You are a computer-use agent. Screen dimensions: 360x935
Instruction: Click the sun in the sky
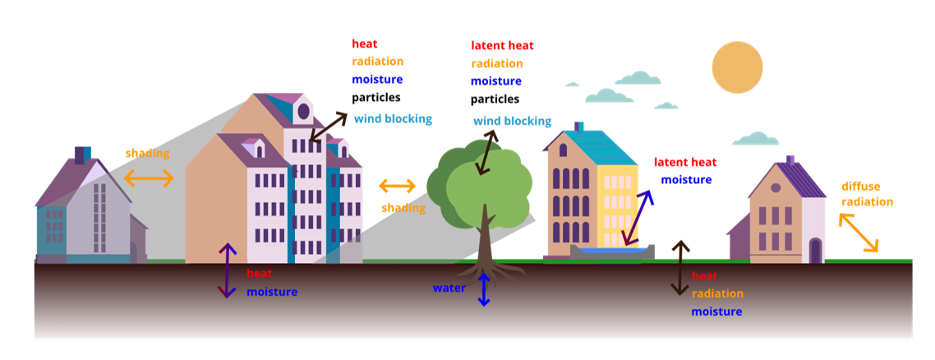pyautogui.click(x=738, y=67)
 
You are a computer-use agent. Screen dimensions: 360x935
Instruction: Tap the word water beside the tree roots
pyautogui.click(x=449, y=288)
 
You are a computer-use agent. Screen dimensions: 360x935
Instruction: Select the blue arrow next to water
pyautogui.click(x=484, y=290)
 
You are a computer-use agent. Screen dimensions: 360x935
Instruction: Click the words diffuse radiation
pyautogui.click(x=867, y=194)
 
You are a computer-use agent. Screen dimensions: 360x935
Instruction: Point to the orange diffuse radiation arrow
pyautogui.click(x=859, y=233)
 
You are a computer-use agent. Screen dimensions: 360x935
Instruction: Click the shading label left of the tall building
pyautogui.click(x=148, y=154)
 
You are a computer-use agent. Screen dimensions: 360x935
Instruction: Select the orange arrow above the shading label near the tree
pyautogui.click(x=398, y=187)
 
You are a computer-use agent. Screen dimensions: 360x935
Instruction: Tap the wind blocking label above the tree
pyautogui.click(x=512, y=122)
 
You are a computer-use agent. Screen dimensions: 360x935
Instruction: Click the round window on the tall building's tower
pyautogui.click(x=303, y=111)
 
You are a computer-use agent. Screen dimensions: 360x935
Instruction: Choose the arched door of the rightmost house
pyautogui.click(x=815, y=251)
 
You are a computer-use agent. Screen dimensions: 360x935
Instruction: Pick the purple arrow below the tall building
pyautogui.click(x=227, y=270)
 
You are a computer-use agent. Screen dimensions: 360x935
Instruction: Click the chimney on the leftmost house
pyautogui.click(x=82, y=155)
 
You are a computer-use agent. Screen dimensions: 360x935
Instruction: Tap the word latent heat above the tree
pyautogui.click(x=502, y=46)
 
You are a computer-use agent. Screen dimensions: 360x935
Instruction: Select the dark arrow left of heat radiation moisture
pyautogui.click(x=680, y=267)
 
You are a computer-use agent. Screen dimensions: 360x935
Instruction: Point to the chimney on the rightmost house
pyautogui.click(x=790, y=159)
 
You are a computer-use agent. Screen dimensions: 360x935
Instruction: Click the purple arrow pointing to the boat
pyautogui.click(x=638, y=218)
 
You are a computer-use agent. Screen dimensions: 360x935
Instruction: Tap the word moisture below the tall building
pyautogui.click(x=272, y=292)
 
